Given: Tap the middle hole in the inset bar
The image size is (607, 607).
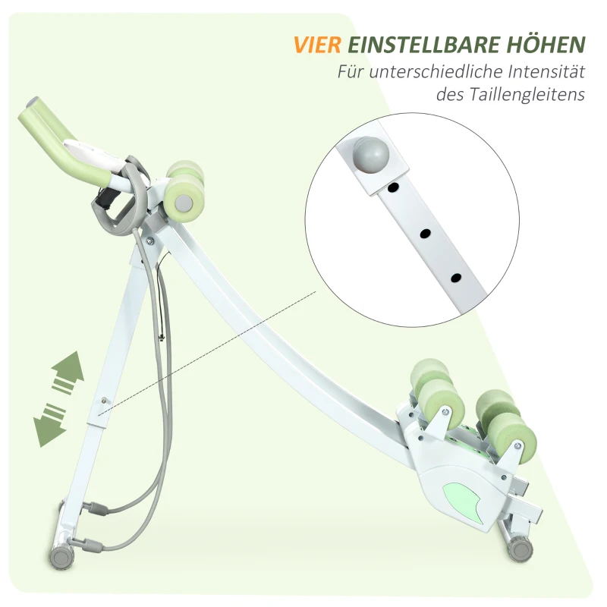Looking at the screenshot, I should coord(425,233).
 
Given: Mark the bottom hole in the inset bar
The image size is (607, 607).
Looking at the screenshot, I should coord(455,280).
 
